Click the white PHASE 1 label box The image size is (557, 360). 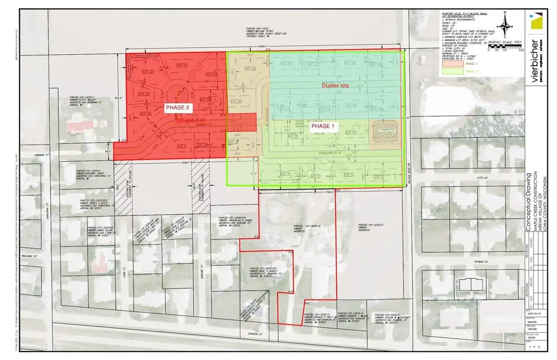coord(325,125)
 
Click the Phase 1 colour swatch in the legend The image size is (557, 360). coord(452,64)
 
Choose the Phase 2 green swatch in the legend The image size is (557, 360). coord(452,71)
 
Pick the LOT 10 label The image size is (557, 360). coord(350,132)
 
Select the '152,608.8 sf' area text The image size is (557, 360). coord(194,120)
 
